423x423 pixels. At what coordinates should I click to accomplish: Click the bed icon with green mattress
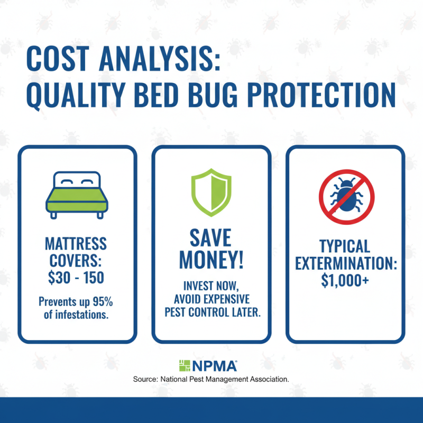point(77,194)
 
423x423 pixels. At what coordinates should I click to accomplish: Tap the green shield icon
point(211,192)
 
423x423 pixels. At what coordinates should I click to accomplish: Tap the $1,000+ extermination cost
point(346,281)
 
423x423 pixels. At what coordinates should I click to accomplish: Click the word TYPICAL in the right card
point(346,245)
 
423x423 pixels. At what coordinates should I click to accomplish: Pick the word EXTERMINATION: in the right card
point(346,263)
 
